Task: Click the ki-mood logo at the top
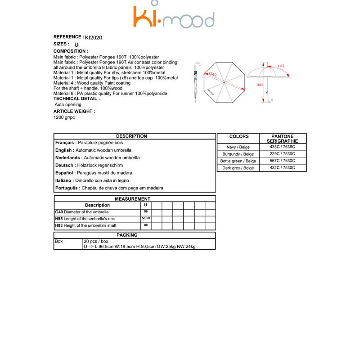pos(173,17)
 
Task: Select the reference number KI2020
pos(94,38)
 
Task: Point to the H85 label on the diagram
pos(281,66)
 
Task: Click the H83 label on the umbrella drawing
pos(260,85)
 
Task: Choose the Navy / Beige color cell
pos(238,147)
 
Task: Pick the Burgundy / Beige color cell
pos(238,154)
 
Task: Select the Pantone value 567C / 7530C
pos(283,161)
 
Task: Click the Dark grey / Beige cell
pos(238,168)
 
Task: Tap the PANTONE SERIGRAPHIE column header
pos(283,139)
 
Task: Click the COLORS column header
pos(238,136)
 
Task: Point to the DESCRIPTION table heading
pos(131,136)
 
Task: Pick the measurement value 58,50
pos(145,218)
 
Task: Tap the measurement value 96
pos(145,211)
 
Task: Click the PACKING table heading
pos(127,235)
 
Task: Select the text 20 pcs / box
pos(96,242)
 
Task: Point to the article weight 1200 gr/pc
pos(64,117)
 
